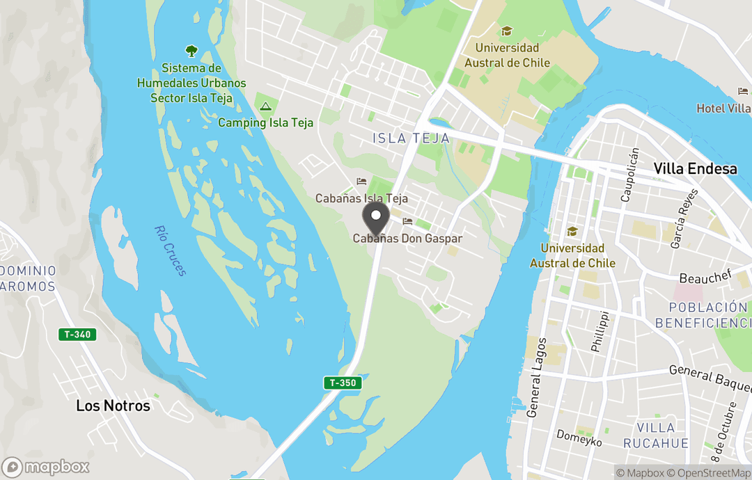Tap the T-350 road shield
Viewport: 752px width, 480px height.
pos(343,383)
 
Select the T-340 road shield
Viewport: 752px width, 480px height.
pos(77,335)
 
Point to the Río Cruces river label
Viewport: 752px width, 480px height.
pos(171,250)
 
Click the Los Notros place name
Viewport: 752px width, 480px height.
pos(113,406)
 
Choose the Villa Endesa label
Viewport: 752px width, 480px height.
pos(694,168)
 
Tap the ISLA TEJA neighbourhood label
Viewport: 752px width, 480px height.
pos(411,138)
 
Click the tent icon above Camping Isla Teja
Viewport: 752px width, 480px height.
pos(265,106)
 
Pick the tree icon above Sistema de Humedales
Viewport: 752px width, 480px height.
pos(191,51)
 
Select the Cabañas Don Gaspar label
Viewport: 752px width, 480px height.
pos(407,238)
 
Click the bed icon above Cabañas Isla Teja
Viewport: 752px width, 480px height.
pos(361,182)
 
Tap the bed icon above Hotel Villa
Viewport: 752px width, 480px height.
pos(743,91)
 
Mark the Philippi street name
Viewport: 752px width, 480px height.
pos(600,332)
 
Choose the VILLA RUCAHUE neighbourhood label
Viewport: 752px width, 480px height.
pos(656,435)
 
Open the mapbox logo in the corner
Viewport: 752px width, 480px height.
pos(46,467)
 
